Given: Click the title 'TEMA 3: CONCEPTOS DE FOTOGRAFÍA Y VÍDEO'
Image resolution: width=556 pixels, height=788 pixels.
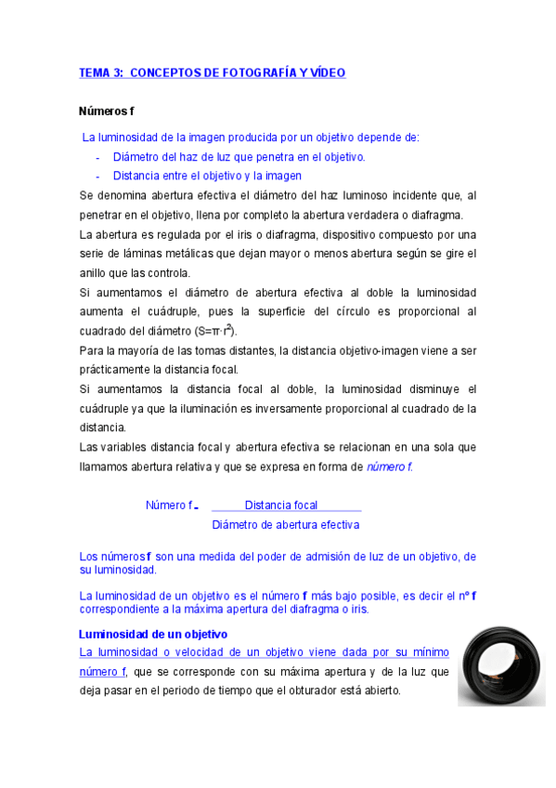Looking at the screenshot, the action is (212, 72).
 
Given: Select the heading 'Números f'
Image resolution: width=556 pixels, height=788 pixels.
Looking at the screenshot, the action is (108, 112).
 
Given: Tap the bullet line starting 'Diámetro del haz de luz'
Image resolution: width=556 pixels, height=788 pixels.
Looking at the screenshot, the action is (239, 157).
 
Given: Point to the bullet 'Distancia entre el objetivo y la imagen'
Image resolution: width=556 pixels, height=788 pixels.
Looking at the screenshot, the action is (207, 176).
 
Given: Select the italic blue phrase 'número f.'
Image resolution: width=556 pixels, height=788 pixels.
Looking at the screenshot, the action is (389, 466).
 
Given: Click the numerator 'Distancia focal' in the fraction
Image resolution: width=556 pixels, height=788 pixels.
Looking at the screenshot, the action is (281, 506).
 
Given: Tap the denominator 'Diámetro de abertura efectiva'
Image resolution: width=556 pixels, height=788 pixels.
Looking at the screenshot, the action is (286, 525).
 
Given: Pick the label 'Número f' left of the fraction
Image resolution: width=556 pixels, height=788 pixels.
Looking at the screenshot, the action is (171, 506).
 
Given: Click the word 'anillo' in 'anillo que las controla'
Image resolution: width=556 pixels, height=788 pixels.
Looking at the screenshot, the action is (96, 273).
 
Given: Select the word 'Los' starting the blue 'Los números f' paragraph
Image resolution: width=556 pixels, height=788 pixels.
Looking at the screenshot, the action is (90, 557).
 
